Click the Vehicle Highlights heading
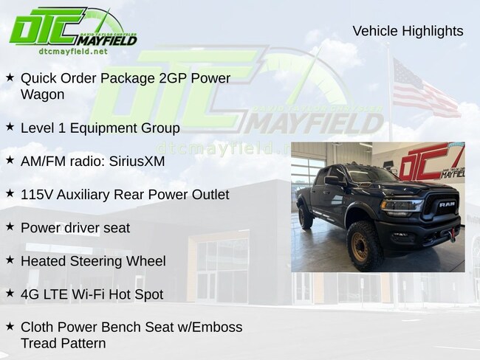coord(408,31)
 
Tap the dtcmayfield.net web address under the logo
coord(73,52)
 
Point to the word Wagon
coord(43,94)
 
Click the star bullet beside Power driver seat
coord(10,226)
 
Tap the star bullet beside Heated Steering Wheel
coord(10,260)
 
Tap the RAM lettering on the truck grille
coord(447,204)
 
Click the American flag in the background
coord(425,89)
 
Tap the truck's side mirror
coord(332,180)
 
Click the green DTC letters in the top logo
coord(47,27)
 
